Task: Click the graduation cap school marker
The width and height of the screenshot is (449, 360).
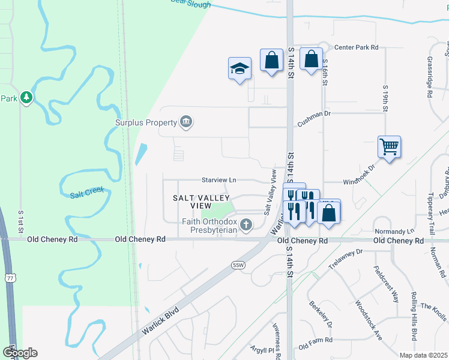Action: pos(240,68)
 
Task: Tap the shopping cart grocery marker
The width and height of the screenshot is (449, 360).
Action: pos(389,146)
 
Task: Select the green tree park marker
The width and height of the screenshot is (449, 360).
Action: pos(26,97)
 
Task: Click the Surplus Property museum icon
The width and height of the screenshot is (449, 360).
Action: pos(186,122)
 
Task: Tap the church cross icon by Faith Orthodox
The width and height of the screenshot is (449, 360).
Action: pos(245,225)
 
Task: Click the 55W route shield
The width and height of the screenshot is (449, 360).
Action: pos(237,265)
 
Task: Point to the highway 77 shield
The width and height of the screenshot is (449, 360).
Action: pos(10,277)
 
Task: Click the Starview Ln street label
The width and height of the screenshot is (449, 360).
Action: pos(219,179)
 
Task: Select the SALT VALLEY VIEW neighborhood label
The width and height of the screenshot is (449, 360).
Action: pos(201,201)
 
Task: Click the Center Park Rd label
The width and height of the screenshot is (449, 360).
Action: pos(357,47)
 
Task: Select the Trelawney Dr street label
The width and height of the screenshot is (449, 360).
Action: pos(346,257)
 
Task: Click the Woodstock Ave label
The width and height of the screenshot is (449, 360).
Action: pos(369,320)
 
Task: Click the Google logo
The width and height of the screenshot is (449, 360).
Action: pos(20,353)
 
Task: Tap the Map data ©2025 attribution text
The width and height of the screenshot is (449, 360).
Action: pos(423,355)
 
